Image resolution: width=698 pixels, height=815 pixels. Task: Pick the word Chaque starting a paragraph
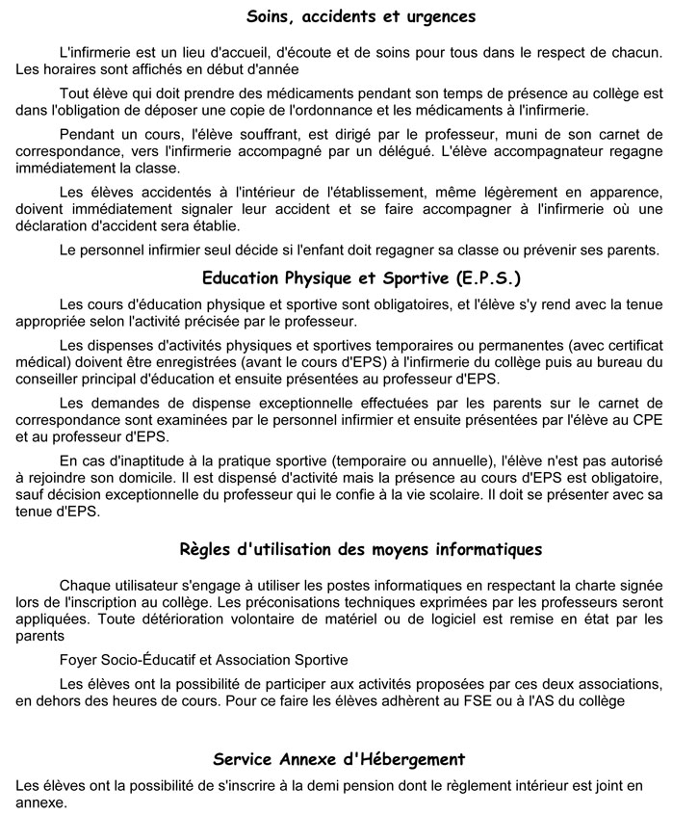[85, 586]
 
